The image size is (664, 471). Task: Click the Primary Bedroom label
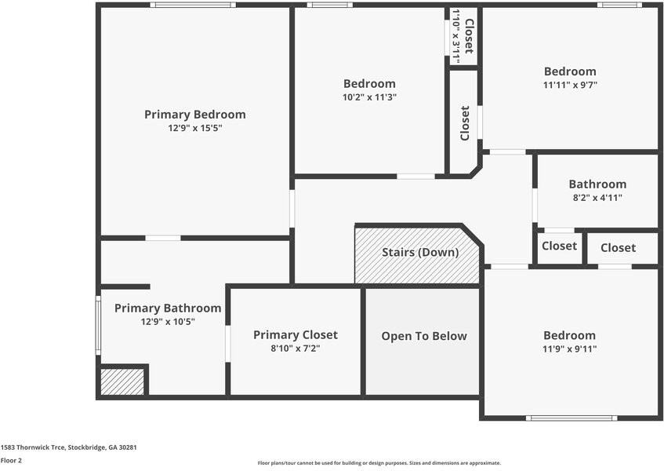[194, 115]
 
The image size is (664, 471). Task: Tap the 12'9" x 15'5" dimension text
[194, 127]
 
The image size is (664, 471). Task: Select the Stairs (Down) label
[419, 253]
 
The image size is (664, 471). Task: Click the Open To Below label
[423, 336]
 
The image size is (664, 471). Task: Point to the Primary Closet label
[296, 335]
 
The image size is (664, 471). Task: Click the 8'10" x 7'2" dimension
[296, 349]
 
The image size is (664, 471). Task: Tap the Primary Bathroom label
[168, 309]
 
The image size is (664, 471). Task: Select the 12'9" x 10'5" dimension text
[168, 322]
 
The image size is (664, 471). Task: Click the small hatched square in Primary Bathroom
[122, 382]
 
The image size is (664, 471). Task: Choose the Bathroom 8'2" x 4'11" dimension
[597, 198]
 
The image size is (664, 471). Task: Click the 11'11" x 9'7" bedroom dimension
[570, 85]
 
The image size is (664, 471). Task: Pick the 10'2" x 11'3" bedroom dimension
[369, 97]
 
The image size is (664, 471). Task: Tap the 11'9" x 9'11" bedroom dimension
[570, 349]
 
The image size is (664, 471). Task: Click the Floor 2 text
[11, 461]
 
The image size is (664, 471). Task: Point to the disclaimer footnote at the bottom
[379, 463]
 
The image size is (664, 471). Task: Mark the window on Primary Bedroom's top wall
[193, 5]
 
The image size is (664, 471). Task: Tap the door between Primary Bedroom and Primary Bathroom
[162, 238]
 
